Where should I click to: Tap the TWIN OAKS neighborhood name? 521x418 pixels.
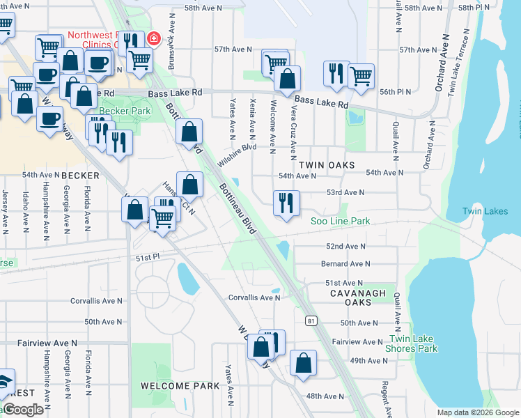327,165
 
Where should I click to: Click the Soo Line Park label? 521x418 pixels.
340,222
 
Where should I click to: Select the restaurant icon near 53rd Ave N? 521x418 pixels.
286,203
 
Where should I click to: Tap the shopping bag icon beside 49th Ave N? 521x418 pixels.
303,362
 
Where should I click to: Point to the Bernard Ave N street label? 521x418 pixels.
345,264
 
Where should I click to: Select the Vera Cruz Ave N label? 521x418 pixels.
294,139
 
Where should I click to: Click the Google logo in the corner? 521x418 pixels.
23,410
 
